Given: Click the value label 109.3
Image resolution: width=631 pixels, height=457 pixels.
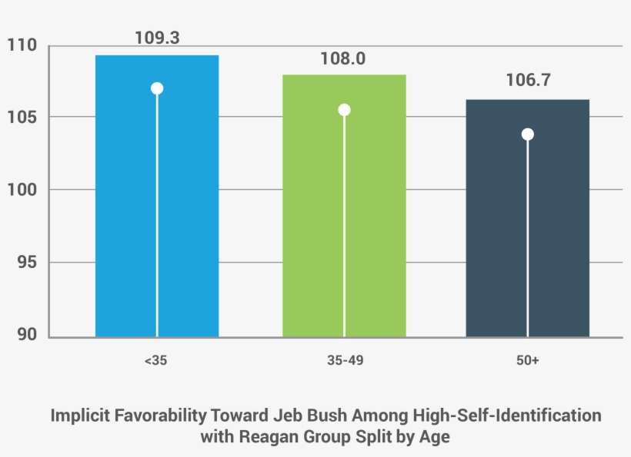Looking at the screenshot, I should click(157, 37).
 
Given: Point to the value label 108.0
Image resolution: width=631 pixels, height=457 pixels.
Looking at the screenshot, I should click(344, 58).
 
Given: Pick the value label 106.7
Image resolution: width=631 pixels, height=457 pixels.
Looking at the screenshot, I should click(528, 80).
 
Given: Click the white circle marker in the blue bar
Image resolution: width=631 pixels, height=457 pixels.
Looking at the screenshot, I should click(157, 88).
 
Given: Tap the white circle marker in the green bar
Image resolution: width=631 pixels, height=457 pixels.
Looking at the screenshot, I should click(344, 110).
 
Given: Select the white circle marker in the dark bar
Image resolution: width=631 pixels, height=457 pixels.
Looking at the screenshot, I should click(527, 134).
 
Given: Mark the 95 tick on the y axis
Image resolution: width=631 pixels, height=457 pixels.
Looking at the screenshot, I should click(25, 263).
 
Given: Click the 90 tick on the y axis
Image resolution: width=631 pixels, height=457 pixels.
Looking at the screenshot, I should click(25, 335).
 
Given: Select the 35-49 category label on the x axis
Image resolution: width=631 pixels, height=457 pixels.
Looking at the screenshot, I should click(344, 361).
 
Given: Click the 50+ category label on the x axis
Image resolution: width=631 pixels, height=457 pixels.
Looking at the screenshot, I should click(528, 361).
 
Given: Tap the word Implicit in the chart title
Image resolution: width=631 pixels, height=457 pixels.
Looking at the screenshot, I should click(79, 416).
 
